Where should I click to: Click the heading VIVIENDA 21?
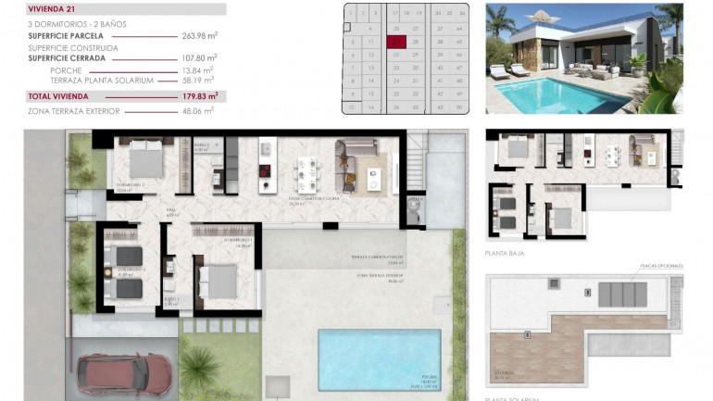click(x=46, y=9)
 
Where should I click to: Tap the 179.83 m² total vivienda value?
click(x=200, y=95)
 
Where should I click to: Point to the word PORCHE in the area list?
click(x=66, y=69)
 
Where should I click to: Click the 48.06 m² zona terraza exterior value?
click(x=196, y=110)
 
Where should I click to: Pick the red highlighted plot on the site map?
click(x=397, y=41)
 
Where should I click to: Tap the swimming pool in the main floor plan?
click(x=380, y=358)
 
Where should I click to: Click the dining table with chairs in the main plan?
click(x=306, y=172)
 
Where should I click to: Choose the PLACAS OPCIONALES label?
click(x=662, y=266)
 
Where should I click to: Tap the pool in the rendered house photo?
click(x=556, y=94)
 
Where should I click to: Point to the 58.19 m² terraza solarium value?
click(x=198, y=81)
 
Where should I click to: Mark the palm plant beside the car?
click(x=198, y=369)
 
